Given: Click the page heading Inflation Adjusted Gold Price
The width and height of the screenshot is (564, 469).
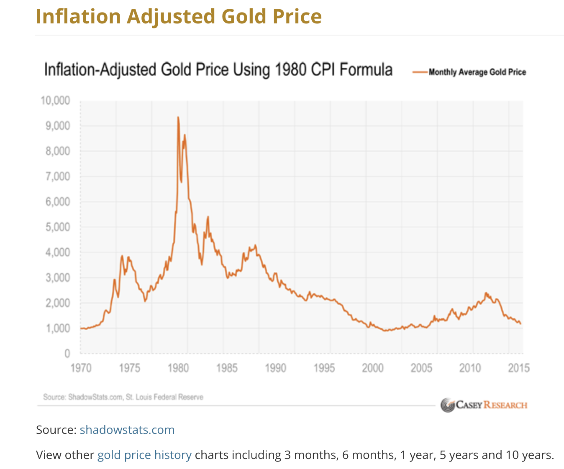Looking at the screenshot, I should pyautogui.click(x=179, y=17).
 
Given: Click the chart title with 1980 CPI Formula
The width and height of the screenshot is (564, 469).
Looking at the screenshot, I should pyautogui.click(x=218, y=70).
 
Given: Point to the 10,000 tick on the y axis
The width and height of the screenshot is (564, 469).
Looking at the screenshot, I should pyautogui.click(x=55, y=101).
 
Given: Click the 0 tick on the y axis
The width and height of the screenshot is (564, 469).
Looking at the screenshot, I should pyautogui.click(x=67, y=354).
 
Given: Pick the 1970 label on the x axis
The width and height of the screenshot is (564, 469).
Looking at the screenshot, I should pyautogui.click(x=81, y=368).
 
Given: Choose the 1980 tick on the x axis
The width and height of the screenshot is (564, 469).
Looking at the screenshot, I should pyautogui.click(x=178, y=368).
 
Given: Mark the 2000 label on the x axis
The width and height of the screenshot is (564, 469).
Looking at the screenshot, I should pyautogui.click(x=373, y=368).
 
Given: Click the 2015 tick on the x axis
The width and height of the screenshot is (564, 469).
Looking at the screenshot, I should pyautogui.click(x=518, y=368).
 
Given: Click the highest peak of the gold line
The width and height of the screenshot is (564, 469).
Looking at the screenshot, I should pyautogui.click(x=178, y=117).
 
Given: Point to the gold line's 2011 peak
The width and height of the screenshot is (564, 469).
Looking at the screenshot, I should pyautogui.click(x=486, y=293).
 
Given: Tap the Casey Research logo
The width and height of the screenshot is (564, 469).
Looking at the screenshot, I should pyautogui.click(x=484, y=405).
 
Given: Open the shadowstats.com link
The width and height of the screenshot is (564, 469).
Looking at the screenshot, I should pyautogui.click(x=127, y=430).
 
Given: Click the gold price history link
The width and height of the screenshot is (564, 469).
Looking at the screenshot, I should pyautogui.click(x=144, y=455).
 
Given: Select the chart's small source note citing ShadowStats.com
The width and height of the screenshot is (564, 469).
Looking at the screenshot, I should pyautogui.click(x=123, y=397).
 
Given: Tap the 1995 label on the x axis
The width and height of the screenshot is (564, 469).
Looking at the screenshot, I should pyautogui.click(x=324, y=368).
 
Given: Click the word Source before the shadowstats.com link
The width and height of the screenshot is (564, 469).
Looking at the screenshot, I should pyautogui.click(x=55, y=430).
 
